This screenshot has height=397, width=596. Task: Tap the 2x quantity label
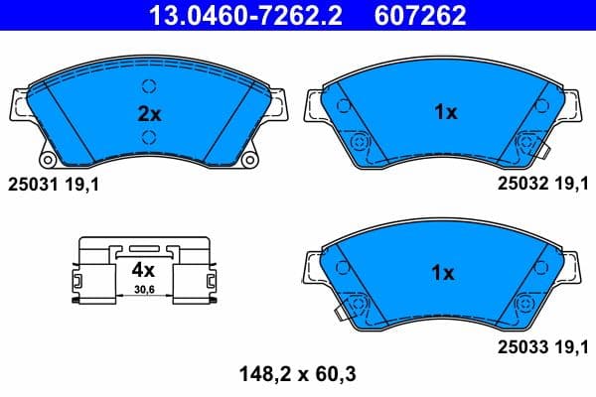[x=148, y=112]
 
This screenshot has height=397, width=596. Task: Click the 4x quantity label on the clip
[x=143, y=269]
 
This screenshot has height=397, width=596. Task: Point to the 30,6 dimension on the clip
[x=145, y=290]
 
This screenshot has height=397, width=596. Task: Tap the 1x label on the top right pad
[x=445, y=112]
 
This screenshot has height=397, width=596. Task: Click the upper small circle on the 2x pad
[x=148, y=85]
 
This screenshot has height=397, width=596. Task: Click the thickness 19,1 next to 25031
[x=83, y=184]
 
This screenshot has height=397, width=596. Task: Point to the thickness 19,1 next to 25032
[x=574, y=184]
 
